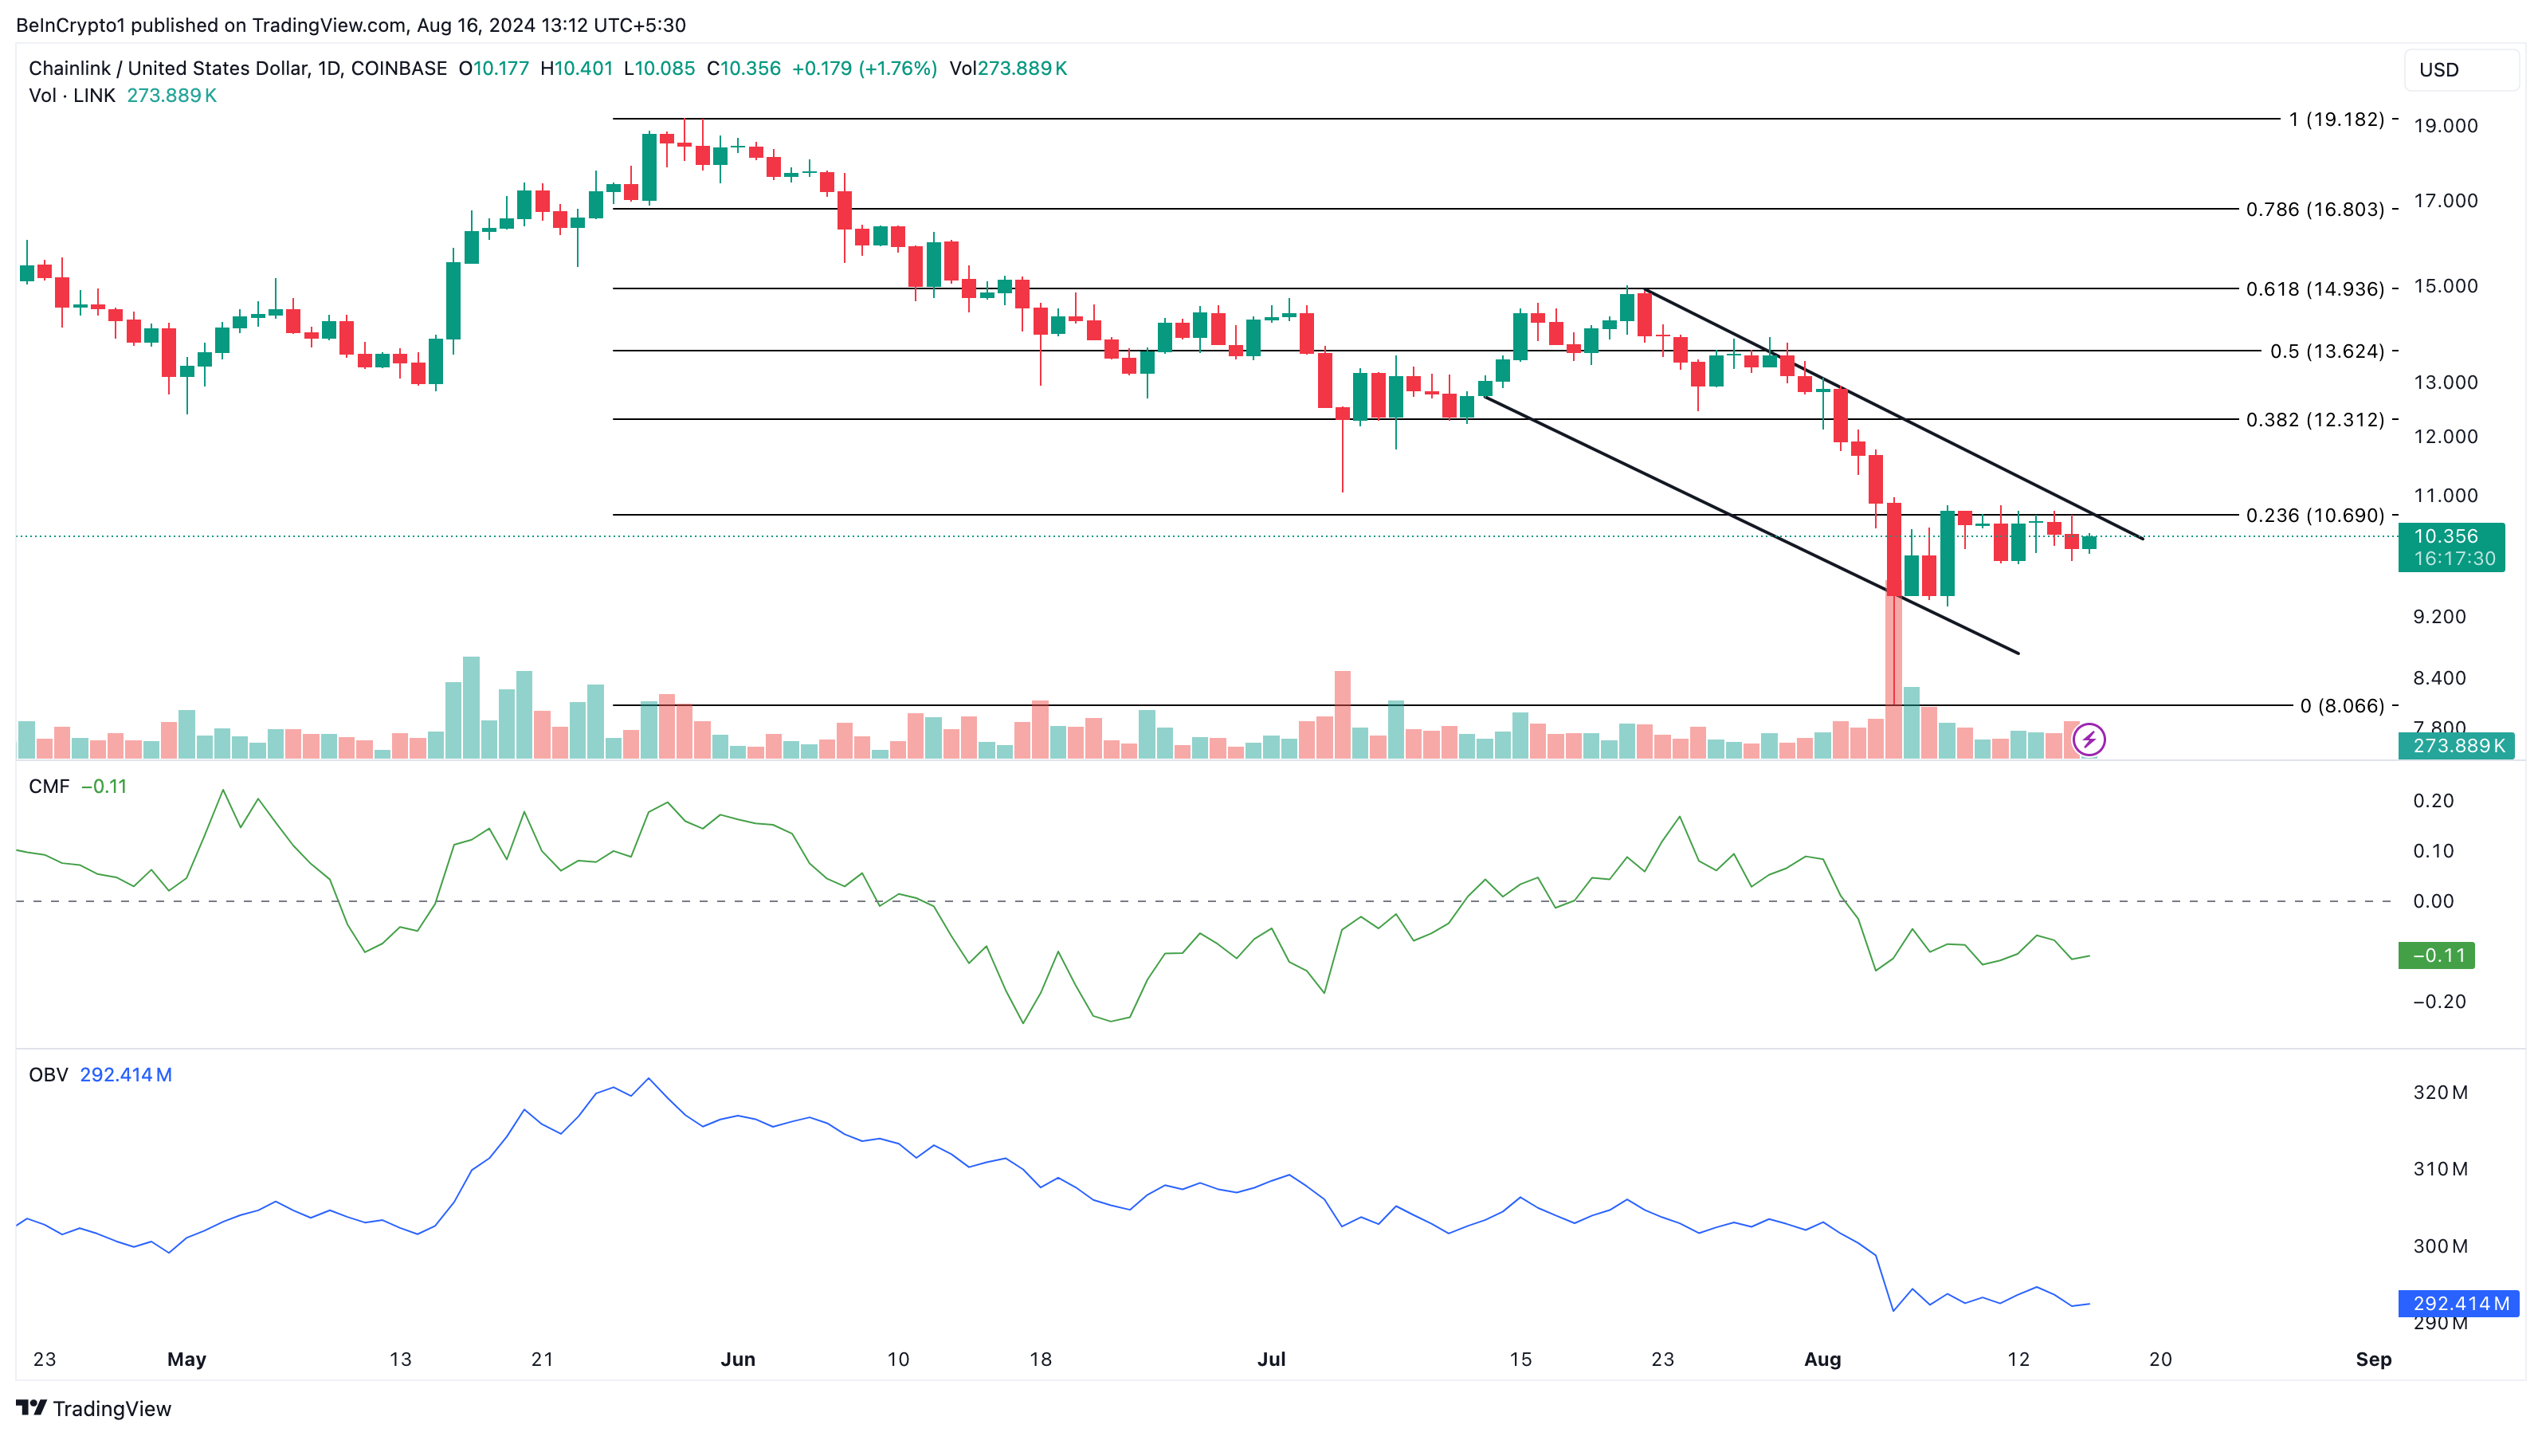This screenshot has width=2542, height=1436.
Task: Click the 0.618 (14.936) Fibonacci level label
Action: (x=2314, y=289)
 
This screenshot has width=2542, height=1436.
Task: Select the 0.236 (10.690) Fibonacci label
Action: (x=2314, y=515)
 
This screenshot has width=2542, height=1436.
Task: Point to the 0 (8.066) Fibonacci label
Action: (x=2340, y=706)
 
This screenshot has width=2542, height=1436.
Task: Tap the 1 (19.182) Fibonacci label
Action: (x=2336, y=120)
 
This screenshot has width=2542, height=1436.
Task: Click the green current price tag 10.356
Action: (x=2450, y=547)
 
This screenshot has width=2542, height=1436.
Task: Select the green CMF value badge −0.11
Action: (x=2435, y=955)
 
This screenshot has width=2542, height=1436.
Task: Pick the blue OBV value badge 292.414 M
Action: (x=2458, y=1304)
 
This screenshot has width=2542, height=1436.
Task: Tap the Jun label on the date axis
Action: (x=737, y=1359)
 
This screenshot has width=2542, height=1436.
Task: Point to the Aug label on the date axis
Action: (x=1822, y=1359)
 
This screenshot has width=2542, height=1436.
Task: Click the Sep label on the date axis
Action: (x=2372, y=1359)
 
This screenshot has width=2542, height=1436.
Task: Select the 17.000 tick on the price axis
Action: (x=2444, y=200)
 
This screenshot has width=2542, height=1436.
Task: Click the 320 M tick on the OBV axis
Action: (x=2439, y=1093)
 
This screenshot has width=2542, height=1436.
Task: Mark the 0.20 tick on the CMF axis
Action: (x=2433, y=800)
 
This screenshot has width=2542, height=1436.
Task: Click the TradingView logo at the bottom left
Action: (x=94, y=1408)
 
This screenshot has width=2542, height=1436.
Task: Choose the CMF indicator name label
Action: (x=49, y=787)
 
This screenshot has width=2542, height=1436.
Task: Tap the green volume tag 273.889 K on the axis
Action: (x=2455, y=746)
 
